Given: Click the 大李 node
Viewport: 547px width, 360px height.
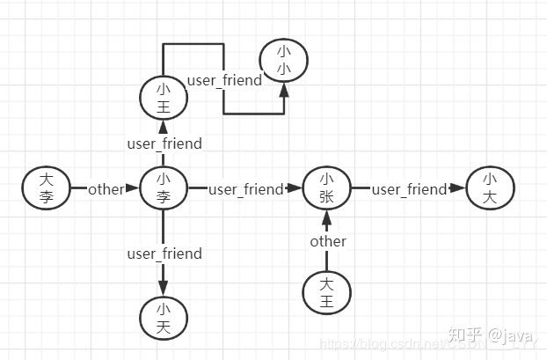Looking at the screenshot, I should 47,188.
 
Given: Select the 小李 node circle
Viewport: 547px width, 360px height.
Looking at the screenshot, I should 164,188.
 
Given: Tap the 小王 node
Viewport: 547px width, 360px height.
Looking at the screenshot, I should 164,99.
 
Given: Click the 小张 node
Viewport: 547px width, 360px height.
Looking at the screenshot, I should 326,188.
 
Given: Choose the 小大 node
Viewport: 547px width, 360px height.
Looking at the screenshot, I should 489,188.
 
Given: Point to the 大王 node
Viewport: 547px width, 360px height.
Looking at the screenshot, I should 326,293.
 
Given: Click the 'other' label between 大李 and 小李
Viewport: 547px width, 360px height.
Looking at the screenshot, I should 106,189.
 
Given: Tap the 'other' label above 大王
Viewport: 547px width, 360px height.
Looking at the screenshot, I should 328,241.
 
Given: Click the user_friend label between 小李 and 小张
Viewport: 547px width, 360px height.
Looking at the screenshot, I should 245,189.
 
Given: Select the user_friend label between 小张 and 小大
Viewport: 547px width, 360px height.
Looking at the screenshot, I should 409,189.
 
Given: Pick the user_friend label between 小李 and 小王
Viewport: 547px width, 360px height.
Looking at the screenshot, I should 164,143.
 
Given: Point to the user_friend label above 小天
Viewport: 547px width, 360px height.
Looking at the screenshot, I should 164,253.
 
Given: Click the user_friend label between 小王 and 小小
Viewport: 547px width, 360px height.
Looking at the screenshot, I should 224,80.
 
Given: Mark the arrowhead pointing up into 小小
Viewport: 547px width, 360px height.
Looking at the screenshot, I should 284,89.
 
